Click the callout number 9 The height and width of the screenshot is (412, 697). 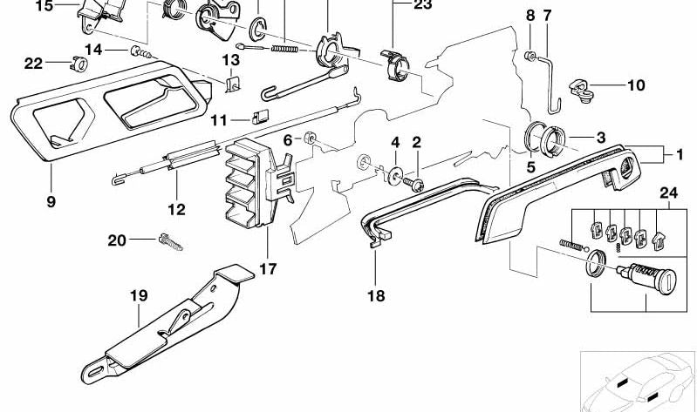(x=51, y=202)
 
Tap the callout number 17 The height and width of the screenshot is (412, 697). (x=268, y=269)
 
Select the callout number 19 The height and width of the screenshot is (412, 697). (x=140, y=295)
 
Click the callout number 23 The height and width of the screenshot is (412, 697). (x=422, y=4)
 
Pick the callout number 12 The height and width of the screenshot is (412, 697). (x=176, y=209)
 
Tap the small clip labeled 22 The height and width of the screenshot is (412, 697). (x=77, y=63)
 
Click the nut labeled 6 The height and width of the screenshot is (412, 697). (x=311, y=138)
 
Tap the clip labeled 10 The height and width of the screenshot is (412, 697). (x=577, y=87)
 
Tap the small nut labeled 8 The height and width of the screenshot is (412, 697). (x=529, y=57)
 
